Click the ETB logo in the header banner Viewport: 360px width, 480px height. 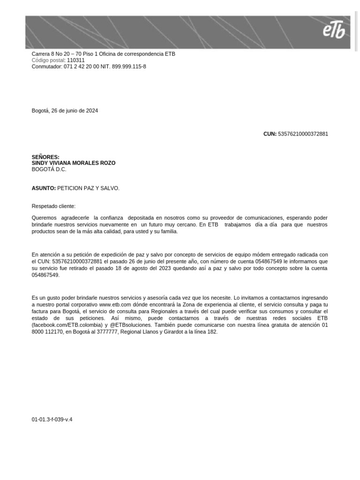[x=333, y=31]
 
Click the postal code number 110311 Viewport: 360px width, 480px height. [x=76, y=60]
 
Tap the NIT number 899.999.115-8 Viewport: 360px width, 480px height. [x=129, y=67]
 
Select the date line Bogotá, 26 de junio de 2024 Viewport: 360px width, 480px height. [x=65, y=111]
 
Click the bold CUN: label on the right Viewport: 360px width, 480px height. [x=270, y=134]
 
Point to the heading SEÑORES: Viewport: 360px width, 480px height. [x=45, y=157]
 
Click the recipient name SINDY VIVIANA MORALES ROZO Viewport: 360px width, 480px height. [x=73, y=163]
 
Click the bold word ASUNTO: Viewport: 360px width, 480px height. [x=44, y=188]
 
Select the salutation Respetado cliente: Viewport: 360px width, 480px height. [x=53, y=206]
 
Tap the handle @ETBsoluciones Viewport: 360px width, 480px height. [x=130, y=324]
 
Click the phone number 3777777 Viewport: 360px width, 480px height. [x=108, y=331]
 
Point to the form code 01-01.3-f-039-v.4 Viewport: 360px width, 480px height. [x=52, y=420]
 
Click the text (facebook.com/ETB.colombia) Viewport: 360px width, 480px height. [x=67, y=324]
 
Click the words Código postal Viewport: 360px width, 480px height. [x=48, y=60]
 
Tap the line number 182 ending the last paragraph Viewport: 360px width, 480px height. [x=212, y=331]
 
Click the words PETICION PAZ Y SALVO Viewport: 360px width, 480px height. [x=88, y=188]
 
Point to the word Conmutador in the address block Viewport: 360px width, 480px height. [x=46, y=67]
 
